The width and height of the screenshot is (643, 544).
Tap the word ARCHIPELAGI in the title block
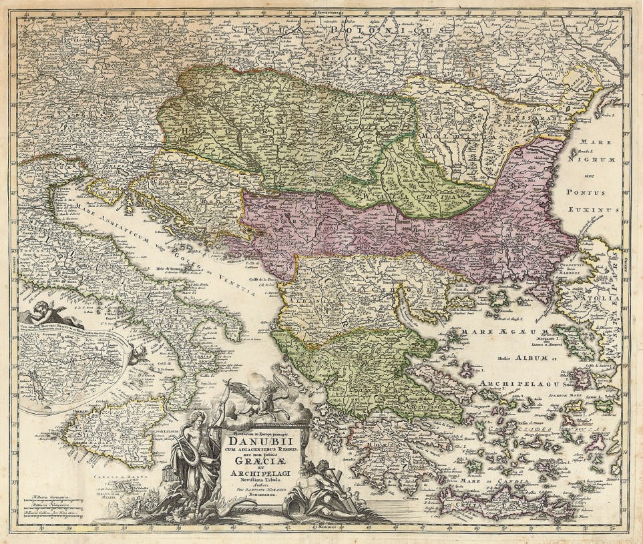[x=264, y=473]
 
